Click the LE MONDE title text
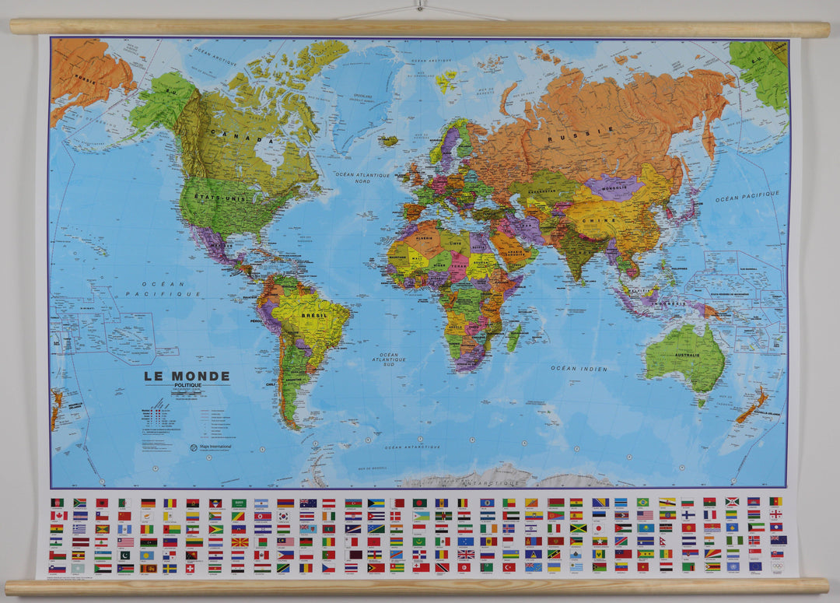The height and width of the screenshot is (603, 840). (x=186, y=376)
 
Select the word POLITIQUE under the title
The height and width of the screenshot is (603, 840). (x=187, y=385)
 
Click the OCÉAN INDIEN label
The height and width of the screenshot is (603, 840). (x=579, y=368)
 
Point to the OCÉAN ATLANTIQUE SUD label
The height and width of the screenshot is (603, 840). (x=389, y=359)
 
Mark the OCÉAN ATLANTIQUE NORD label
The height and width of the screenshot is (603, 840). (x=362, y=178)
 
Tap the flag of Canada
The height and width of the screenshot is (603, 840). (x=56, y=516)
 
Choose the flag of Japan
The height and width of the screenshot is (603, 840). (x=599, y=528)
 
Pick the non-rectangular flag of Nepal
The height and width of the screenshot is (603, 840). (x=688, y=541)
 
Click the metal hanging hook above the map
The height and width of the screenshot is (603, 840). (x=419, y=5)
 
